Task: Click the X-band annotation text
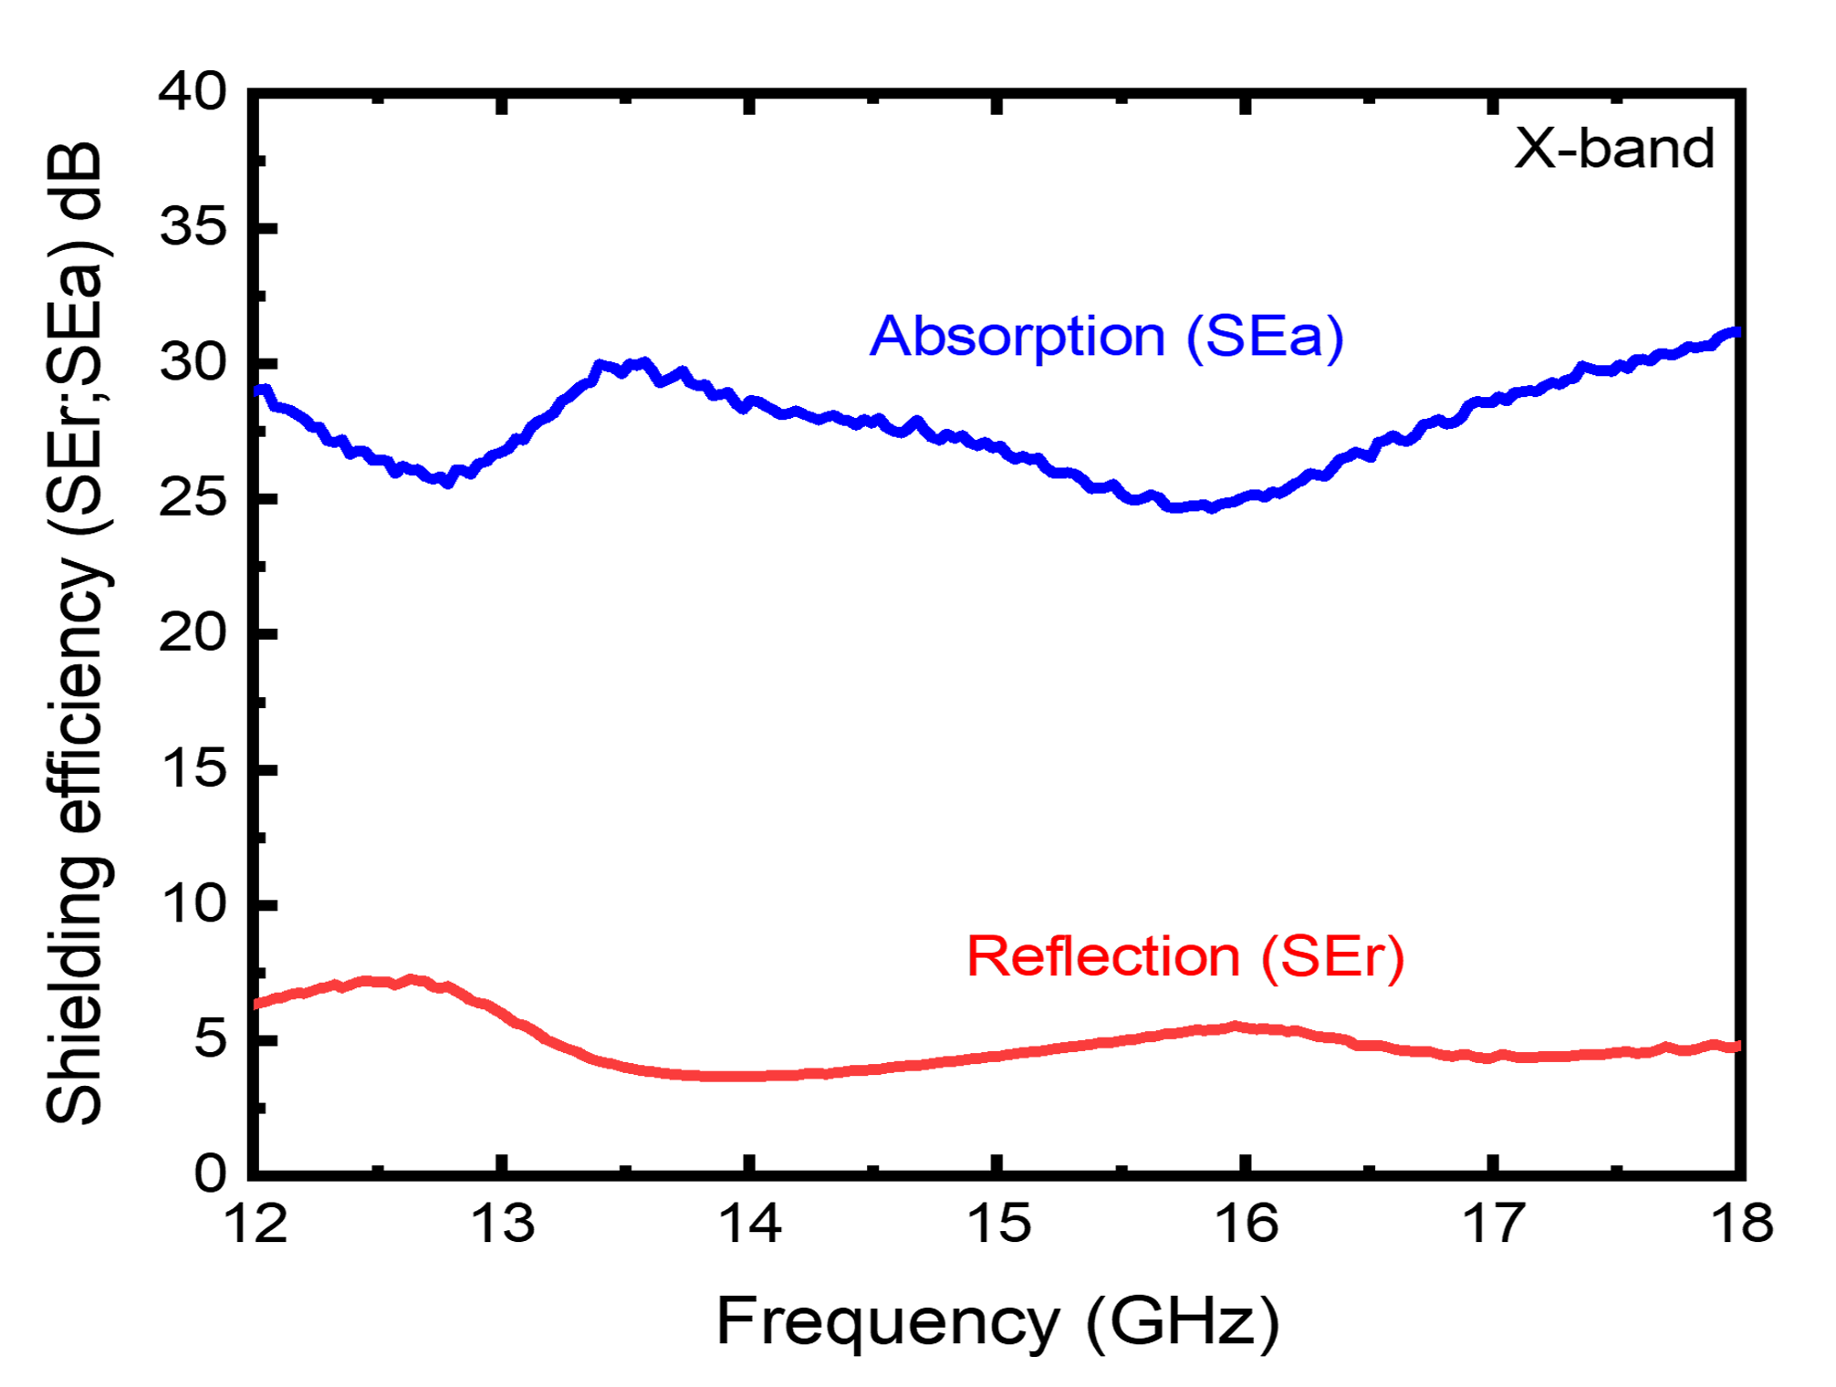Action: [1613, 148]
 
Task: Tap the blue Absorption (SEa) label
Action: [1106, 337]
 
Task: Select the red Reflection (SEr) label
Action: [1184, 957]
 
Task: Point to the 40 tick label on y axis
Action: [193, 92]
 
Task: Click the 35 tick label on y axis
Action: [193, 226]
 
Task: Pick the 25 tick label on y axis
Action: [193, 498]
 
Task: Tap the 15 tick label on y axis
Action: [193, 768]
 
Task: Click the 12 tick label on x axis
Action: [256, 1225]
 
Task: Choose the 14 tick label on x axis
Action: [750, 1225]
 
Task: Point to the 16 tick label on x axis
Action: [1247, 1225]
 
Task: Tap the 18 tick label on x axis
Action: [1741, 1225]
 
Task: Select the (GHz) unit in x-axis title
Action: [1183, 1322]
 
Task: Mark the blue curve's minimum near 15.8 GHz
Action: [1186, 506]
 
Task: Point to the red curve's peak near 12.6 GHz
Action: [412, 979]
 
